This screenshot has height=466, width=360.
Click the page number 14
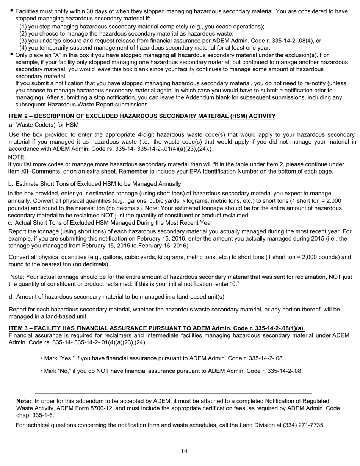(x=184, y=451)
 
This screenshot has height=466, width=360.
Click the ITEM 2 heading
(x=142, y=116)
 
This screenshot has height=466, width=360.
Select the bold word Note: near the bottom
(x=24, y=401)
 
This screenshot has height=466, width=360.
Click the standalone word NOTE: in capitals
(x=17, y=157)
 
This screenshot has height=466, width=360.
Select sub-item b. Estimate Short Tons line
(x=94, y=184)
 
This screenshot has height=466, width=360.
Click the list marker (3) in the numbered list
(x=23, y=41)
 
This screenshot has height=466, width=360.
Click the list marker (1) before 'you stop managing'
(x=23, y=27)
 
